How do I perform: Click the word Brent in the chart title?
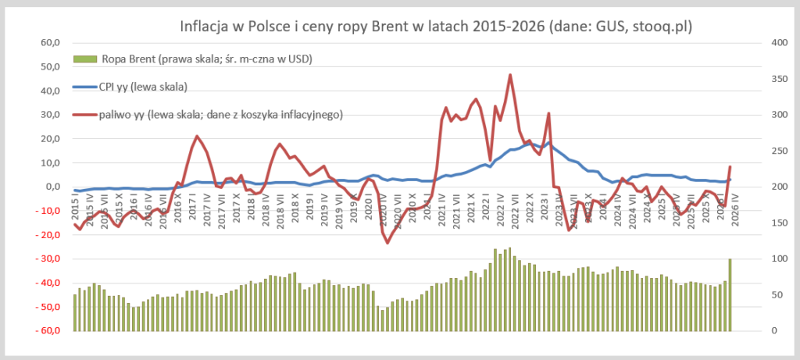tap(391, 27)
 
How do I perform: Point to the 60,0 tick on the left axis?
tap(49, 43)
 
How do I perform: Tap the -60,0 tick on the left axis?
tap(47, 330)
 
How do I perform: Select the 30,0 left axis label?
tap(49, 115)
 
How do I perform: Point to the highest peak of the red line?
tap(510, 75)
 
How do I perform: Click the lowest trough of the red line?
tap(387, 243)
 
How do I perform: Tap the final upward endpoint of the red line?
tap(730, 166)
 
